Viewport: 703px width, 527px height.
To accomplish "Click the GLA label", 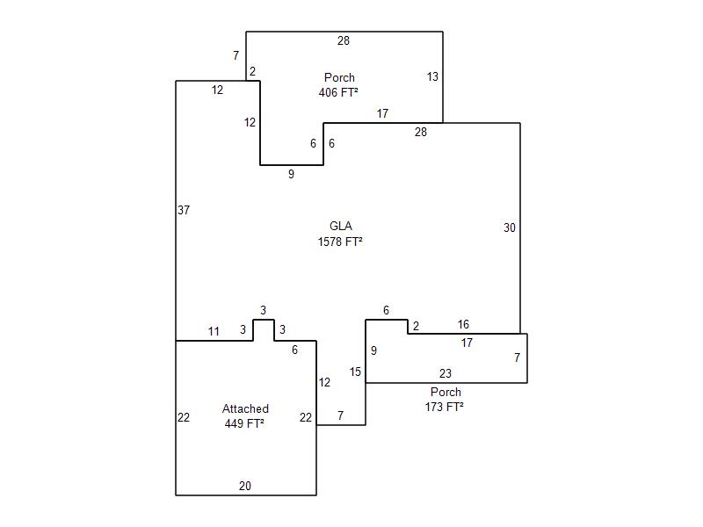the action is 341,226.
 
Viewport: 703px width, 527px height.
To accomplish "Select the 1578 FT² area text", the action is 340,242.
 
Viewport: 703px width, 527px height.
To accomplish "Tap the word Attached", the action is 245,408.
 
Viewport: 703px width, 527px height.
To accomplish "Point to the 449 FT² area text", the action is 244,423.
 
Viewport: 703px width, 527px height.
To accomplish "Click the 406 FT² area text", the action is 338,92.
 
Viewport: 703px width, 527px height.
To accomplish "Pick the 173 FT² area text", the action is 445,407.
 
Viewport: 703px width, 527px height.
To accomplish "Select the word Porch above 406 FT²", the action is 339,77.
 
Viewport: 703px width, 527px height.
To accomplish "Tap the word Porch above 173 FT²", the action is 446,392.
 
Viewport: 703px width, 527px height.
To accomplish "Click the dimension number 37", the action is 184,210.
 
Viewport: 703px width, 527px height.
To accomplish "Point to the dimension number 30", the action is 510,227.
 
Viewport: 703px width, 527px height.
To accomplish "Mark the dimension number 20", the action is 245,486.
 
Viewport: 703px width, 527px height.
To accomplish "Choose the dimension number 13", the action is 432,76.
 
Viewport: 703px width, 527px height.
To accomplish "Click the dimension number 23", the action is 446,373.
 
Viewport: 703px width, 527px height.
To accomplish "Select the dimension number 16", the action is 463,324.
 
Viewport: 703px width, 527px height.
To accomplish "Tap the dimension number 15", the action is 355,372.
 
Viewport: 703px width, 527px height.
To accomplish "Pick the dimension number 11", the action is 214,331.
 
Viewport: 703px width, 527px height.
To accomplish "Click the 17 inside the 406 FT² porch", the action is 382,113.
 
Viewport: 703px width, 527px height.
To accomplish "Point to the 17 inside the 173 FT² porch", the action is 467,343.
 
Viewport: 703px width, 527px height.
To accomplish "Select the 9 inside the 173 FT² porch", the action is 374,350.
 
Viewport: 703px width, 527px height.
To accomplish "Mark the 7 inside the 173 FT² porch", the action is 518,357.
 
